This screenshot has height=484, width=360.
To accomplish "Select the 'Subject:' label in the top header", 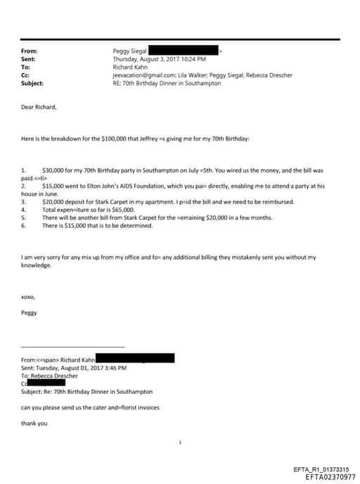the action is click(x=32, y=83).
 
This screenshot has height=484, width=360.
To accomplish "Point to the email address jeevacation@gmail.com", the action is click(x=141, y=75).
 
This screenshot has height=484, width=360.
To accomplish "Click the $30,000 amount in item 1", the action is click(x=53, y=170).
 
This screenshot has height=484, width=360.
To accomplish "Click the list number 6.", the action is click(x=24, y=224).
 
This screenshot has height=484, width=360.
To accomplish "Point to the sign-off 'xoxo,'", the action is click(x=29, y=298).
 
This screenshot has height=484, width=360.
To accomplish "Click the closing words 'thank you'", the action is click(x=34, y=423).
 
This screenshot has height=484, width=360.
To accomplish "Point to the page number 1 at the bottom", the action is click(x=181, y=442).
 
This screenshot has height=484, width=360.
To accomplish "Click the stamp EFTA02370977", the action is click(x=330, y=476).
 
